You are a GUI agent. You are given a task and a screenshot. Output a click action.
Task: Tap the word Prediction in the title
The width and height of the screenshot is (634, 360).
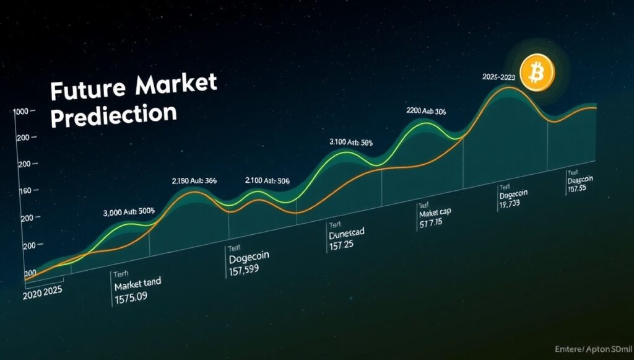(x=113, y=116)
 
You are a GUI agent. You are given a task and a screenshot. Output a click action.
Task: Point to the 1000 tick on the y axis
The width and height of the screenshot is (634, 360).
(x=21, y=112)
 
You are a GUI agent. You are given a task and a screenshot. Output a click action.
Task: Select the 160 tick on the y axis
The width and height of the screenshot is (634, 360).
(x=22, y=191)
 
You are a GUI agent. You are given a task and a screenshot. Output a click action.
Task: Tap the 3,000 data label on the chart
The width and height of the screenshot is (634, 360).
(x=129, y=212)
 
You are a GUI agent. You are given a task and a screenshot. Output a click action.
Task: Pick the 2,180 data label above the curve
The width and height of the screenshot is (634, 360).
(x=194, y=181)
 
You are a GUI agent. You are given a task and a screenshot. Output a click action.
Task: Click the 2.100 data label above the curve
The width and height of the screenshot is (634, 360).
(x=268, y=180)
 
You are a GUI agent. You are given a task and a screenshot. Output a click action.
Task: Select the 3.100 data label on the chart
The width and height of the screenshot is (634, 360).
(x=352, y=143)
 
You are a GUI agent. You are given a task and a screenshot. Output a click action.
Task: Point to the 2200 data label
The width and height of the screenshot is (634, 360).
(x=426, y=112)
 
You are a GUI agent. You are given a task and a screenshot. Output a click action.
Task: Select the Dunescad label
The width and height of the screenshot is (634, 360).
(x=346, y=234)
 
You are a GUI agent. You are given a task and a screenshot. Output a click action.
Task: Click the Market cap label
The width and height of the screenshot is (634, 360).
(x=435, y=213)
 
